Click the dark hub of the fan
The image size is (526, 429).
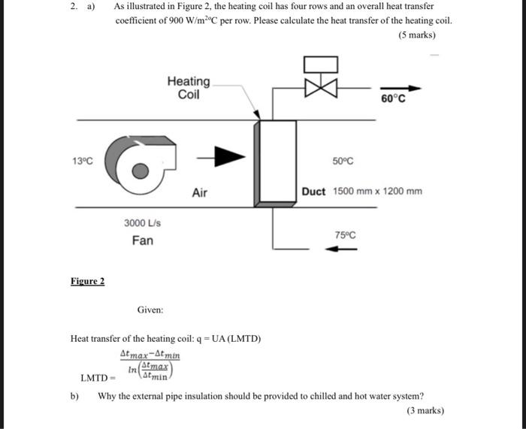[x=140, y=170]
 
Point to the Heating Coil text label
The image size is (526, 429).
[x=189, y=88]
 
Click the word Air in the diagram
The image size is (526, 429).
[x=200, y=192]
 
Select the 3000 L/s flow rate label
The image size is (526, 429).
[x=143, y=223]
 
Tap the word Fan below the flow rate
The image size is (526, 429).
[x=143, y=240]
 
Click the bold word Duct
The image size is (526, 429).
[x=314, y=192]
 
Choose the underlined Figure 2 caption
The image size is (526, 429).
[x=88, y=281]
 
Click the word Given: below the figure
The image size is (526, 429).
[x=150, y=310]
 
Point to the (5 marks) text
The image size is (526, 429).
[x=418, y=35]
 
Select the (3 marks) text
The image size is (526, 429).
[x=425, y=410]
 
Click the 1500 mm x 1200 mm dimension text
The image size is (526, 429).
[x=378, y=192]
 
